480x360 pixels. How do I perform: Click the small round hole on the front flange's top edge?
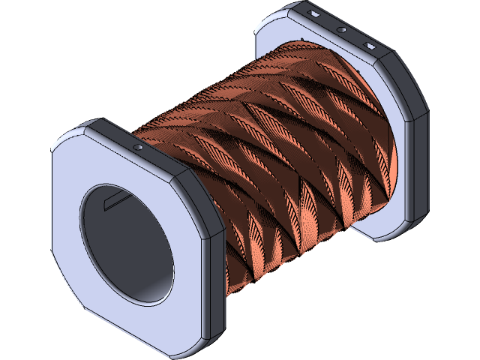click(x=138, y=148)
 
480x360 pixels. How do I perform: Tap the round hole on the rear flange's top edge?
click(x=341, y=30)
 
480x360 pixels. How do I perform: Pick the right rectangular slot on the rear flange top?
click(x=369, y=46)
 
